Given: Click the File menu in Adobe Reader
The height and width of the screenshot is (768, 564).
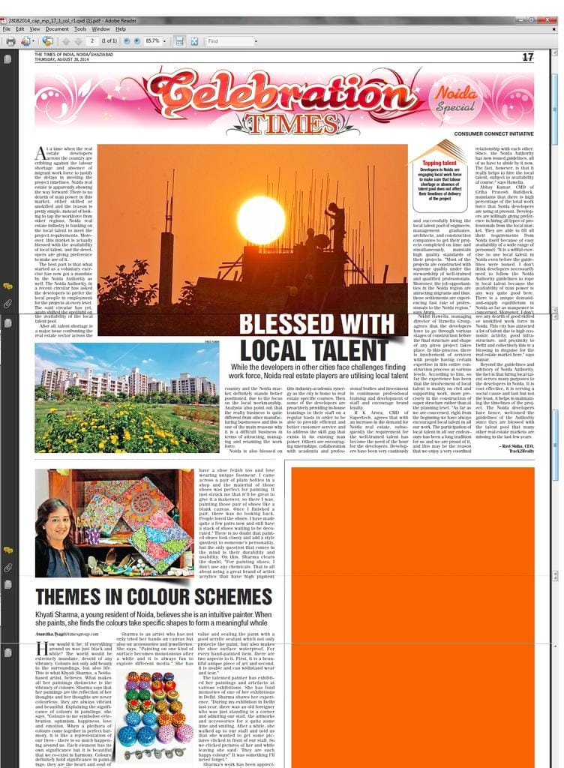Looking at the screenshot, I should coord(7,28).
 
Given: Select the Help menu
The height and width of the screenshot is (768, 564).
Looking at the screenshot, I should coord(120,28).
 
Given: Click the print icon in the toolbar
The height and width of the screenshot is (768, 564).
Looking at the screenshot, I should coord(10,41).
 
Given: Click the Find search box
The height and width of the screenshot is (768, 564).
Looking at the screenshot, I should coord(231,41).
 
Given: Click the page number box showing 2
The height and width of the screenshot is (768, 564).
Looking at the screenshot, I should coord(92,41).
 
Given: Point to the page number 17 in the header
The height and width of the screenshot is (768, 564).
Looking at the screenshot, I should coord(527,57).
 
